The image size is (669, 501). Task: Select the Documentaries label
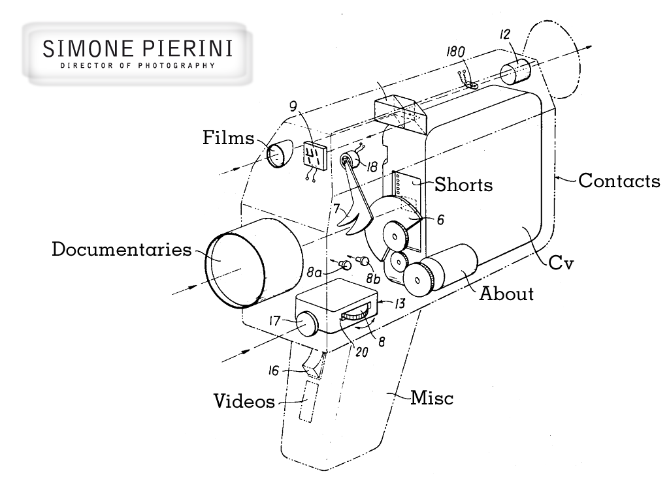click(x=122, y=249)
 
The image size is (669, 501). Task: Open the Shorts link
click(x=464, y=185)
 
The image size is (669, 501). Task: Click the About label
click(x=506, y=294)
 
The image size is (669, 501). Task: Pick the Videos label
click(x=244, y=401)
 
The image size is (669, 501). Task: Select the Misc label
click(x=431, y=397)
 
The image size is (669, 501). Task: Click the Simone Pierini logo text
click(x=137, y=50)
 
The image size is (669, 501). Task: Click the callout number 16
click(x=276, y=371)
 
